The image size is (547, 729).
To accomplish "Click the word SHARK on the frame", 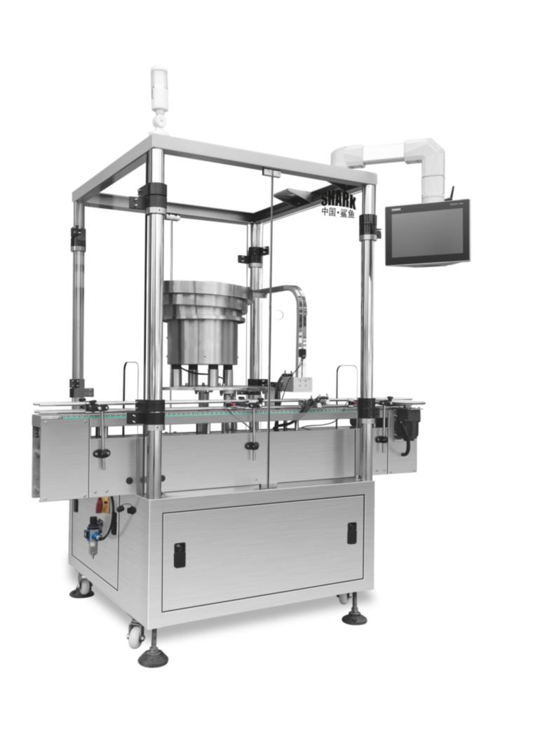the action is point(338,200).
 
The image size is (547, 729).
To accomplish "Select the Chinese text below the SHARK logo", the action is point(338,213).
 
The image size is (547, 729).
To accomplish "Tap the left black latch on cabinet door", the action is point(180,554).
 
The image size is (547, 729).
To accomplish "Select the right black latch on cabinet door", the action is point(352,533).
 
